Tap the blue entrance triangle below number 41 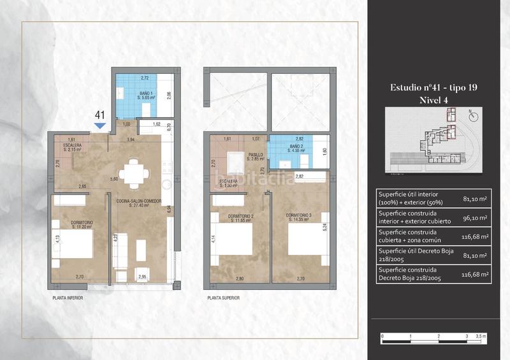(99, 126)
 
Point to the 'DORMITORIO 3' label (298, 215)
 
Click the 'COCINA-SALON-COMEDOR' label (142, 201)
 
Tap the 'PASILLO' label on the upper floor (256, 154)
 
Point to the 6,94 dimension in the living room (169, 208)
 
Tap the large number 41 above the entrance (99, 115)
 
